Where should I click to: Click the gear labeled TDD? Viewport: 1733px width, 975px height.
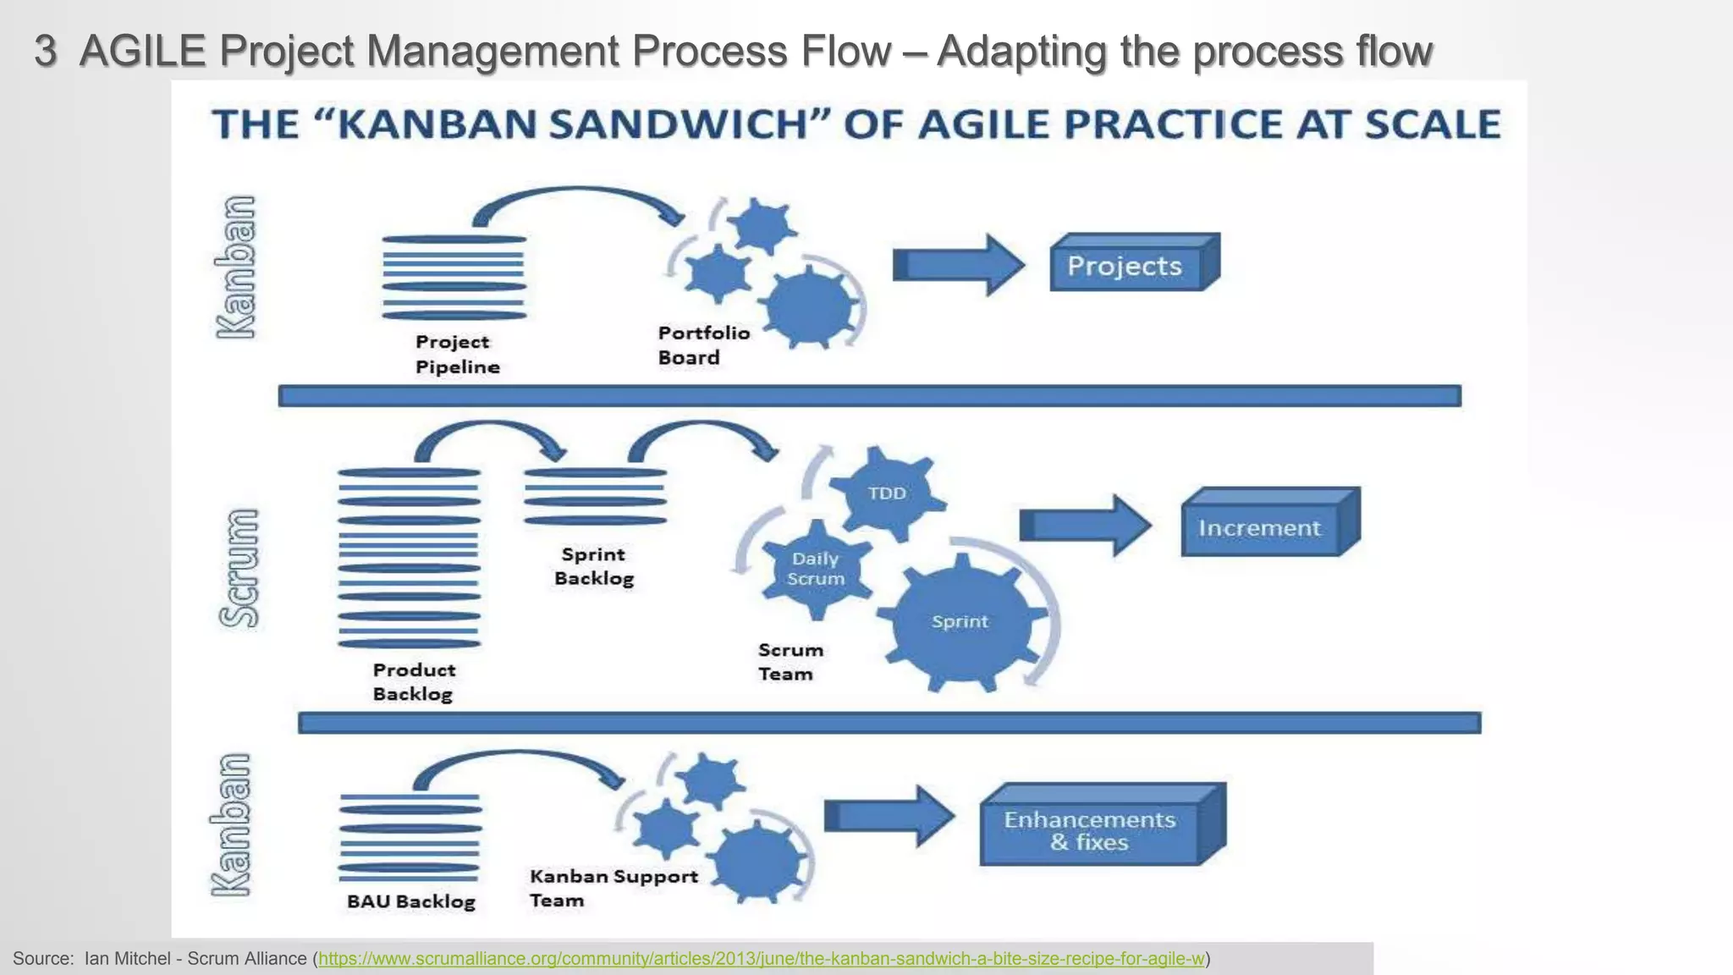tap(887, 493)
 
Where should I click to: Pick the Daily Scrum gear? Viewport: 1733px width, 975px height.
tap(816, 569)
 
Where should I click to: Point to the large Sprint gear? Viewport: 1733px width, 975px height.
tap(960, 622)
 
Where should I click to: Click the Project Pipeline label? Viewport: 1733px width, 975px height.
tap(457, 354)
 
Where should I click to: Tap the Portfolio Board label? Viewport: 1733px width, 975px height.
tap(703, 345)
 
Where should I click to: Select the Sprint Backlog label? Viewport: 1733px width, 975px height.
tap(594, 566)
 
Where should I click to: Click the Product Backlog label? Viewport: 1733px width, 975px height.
tap(414, 681)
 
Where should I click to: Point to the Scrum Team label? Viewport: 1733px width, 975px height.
tap(789, 662)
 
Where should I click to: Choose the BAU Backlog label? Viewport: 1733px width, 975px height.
tap(411, 901)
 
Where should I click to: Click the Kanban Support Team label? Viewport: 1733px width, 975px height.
tap(613, 888)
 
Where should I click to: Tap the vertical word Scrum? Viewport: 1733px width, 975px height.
tap(239, 568)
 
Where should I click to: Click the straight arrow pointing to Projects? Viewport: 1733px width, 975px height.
tap(958, 266)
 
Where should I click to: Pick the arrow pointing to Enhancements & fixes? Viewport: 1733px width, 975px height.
tap(889, 816)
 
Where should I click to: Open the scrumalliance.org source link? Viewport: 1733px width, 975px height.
tap(761, 959)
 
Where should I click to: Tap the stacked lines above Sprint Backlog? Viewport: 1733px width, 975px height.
tap(595, 497)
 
